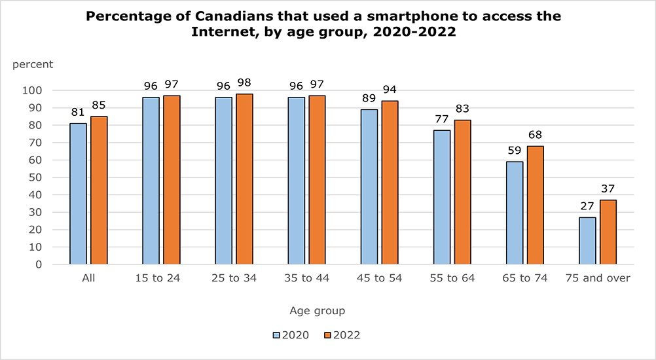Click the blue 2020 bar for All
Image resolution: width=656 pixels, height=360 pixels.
tap(79, 194)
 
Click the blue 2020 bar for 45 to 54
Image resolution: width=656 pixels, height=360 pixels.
tap(369, 187)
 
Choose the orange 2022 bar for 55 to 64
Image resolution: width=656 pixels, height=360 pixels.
tap(462, 192)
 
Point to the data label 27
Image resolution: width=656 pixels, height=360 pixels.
tap(587, 205)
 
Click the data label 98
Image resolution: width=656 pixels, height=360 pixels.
tap(244, 83)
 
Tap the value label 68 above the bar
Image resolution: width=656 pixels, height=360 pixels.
tap(535, 135)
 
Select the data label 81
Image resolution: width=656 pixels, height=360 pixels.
tap(79, 113)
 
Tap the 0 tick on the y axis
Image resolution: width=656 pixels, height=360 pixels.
tap(58, 264)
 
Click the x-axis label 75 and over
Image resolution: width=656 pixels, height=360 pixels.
tap(597, 278)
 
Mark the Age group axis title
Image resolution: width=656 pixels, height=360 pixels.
tap(317, 310)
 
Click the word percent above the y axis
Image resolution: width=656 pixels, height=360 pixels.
tap(33, 64)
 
